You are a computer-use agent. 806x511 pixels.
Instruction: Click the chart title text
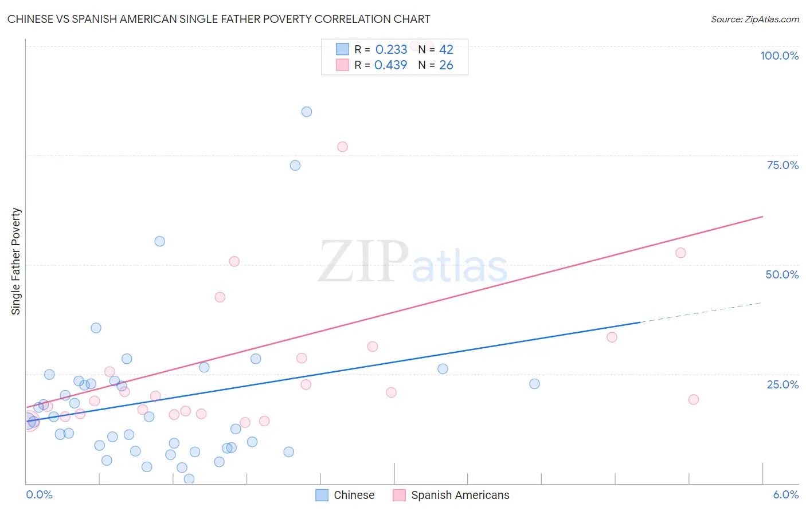(x=218, y=19)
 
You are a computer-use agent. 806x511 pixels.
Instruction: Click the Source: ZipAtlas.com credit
(x=754, y=19)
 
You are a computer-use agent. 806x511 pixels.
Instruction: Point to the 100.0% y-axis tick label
(x=779, y=56)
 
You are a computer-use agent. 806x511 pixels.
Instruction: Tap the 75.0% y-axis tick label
(x=782, y=165)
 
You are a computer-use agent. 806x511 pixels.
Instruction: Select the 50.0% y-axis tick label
(x=782, y=274)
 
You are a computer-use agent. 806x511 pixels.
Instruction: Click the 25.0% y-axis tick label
(x=782, y=384)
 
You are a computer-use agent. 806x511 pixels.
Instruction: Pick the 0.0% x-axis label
(x=39, y=494)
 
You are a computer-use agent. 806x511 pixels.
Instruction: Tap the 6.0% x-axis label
(x=785, y=494)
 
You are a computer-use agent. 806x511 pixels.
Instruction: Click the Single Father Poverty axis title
(x=16, y=261)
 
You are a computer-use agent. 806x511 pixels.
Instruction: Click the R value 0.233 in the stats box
(x=391, y=50)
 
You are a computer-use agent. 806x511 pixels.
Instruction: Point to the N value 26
(x=446, y=65)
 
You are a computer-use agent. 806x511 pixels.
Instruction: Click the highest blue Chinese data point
(x=307, y=112)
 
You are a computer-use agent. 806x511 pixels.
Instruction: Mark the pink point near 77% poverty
(x=342, y=147)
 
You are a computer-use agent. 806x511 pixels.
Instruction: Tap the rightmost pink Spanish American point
(x=693, y=399)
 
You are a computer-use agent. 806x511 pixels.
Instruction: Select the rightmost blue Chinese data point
(x=534, y=384)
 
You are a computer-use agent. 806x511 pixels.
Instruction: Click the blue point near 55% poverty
(x=160, y=241)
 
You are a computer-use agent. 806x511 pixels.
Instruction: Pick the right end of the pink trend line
(x=762, y=217)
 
